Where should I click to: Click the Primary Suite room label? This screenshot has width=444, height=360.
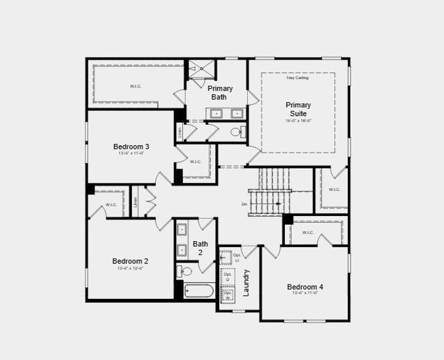pyautogui.click(x=298, y=109)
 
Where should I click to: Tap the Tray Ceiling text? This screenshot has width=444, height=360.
pyautogui.click(x=298, y=78)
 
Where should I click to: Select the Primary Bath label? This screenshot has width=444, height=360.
pyautogui.click(x=220, y=92)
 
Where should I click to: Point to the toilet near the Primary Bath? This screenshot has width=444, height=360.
pyautogui.click(x=237, y=133)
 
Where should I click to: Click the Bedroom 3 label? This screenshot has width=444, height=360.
pyautogui.click(x=131, y=146)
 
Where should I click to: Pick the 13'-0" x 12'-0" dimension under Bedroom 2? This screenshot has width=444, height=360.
pyautogui.click(x=130, y=268)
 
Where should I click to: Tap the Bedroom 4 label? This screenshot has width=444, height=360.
pyautogui.click(x=305, y=287)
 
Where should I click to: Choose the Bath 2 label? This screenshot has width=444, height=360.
pyautogui.click(x=200, y=248)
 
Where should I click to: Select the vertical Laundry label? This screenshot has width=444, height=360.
pyautogui.click(x=246, y=283)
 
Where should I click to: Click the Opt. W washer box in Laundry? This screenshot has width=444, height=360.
pyautogui.click(x=228, y=295)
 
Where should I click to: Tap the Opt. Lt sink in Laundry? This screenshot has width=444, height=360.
pyautogui.click(x=226, y=258)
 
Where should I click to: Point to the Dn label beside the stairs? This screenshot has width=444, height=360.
pyautogui.click(x=244, y=205)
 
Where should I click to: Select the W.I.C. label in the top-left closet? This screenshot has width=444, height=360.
pyautogui.click(x=135, y=86)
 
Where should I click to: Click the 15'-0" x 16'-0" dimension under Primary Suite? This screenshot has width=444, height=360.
pyautogui.click(x=298, y=121)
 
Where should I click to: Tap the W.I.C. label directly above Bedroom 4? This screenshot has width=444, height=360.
pyautogui.click(x=308, y=233)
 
